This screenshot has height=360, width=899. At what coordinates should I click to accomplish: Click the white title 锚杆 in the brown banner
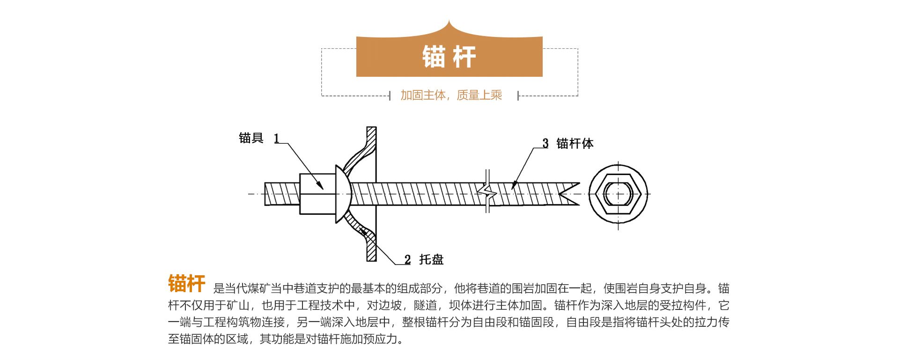[449, 57]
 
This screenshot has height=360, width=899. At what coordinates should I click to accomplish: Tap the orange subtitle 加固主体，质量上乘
[451, 95]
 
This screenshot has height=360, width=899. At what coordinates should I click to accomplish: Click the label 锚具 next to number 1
[251, 138]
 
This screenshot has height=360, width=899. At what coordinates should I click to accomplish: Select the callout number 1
[277, 139]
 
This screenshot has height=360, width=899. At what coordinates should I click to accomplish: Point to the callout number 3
[545, 143]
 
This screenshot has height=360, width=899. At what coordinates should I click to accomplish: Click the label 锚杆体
[575, 143]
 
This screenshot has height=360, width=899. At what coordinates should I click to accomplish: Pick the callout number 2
[407, 260]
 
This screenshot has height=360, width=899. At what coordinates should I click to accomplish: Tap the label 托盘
[431, 259]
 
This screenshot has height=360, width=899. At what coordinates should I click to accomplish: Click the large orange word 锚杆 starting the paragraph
[186, 284]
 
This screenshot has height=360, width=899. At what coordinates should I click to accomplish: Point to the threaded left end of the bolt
[281, 194]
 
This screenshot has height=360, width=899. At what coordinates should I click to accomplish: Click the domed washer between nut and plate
[343, 194]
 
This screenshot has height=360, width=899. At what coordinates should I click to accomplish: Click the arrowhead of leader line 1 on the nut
[321, 187]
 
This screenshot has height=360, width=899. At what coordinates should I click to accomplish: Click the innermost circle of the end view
[618, 194]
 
